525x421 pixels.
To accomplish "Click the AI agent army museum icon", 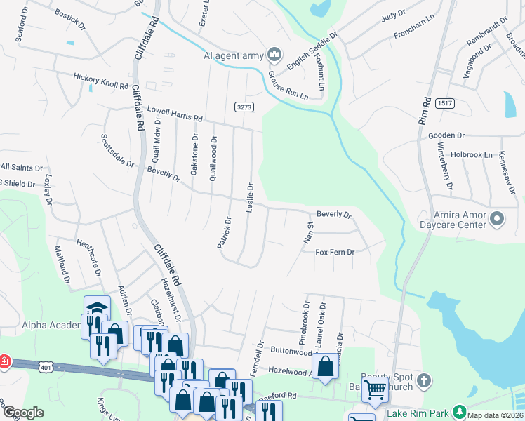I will pos(275,54).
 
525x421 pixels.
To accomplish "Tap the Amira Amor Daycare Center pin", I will pos(497,219).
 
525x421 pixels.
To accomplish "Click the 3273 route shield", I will pos(244,106).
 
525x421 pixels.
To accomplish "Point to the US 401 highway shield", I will pos(46,366).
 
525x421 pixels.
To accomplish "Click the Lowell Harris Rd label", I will pos(174,113).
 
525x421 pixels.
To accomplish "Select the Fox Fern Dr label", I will pos(335,252).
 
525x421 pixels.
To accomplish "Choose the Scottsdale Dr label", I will pos(117,150).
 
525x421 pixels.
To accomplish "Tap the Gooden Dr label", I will pos(446,135).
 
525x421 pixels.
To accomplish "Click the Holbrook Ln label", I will pos(472,154).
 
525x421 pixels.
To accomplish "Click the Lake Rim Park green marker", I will pos(459,411).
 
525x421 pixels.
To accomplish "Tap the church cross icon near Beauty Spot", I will pos(423,380).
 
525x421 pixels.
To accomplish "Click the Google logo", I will pos(23,413).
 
